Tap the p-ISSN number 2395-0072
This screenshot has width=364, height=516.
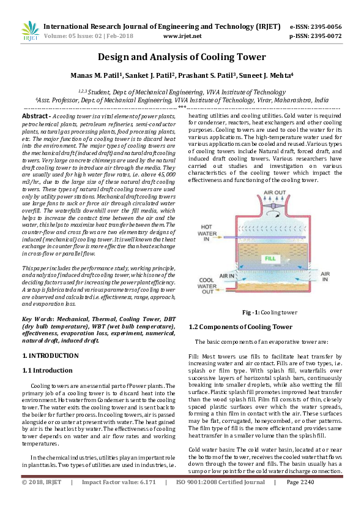tap(324, 36)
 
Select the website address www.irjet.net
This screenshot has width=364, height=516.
tap(182, 36)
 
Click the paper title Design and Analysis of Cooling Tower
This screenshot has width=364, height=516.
tap(182, 58)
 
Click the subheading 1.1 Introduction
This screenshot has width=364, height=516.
tap(47, 370)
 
